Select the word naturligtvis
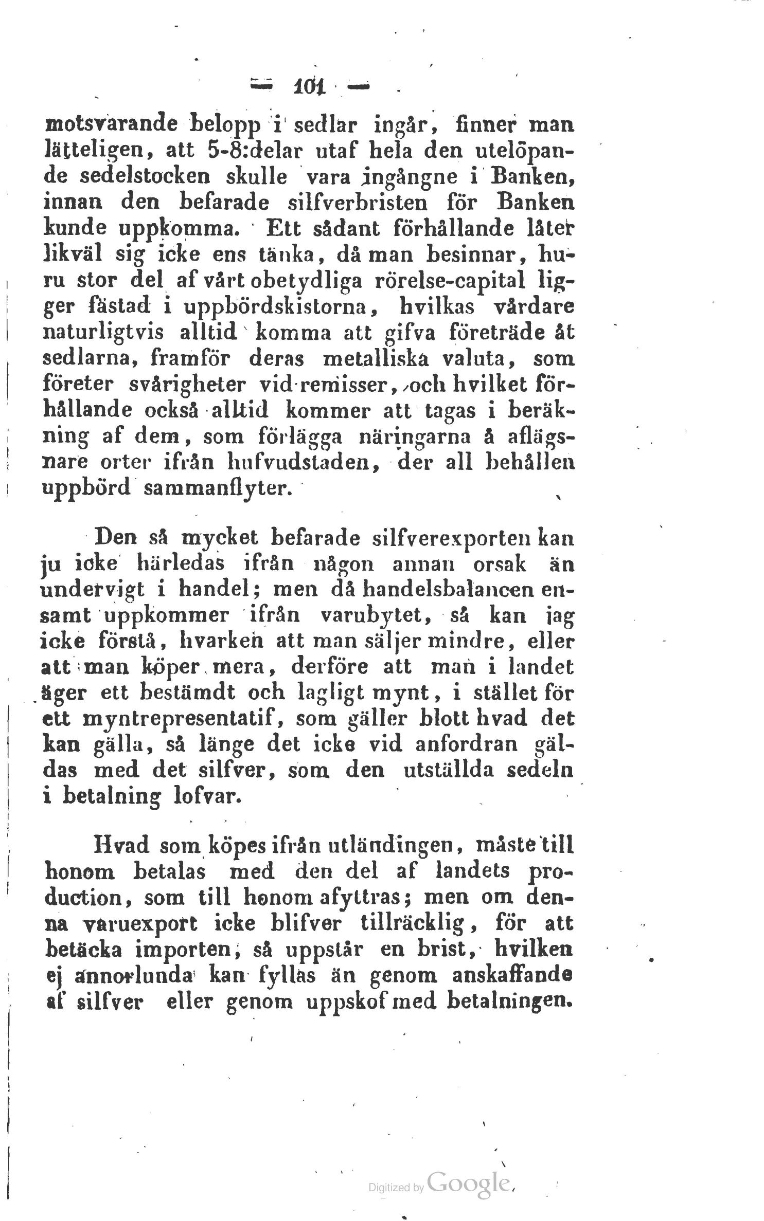(x=103, y=333)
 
